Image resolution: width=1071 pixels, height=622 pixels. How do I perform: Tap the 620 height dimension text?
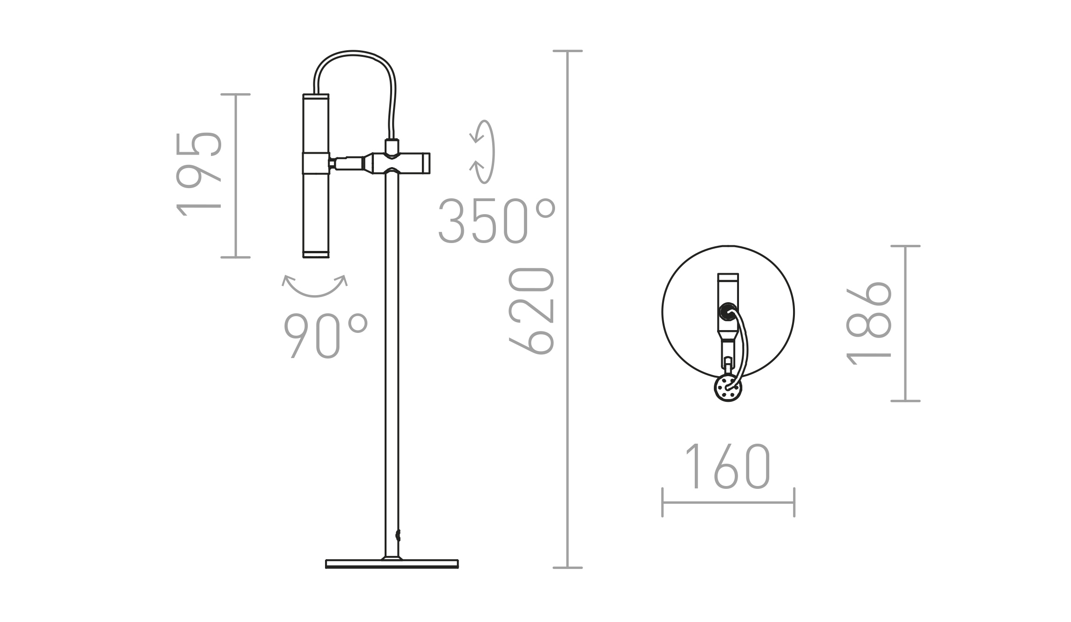531,311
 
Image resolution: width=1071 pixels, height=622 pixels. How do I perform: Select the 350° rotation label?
497,221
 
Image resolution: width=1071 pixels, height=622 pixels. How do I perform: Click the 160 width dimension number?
728,466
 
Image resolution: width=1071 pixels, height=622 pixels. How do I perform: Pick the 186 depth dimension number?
868,324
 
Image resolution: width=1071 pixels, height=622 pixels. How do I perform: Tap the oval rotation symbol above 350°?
483,152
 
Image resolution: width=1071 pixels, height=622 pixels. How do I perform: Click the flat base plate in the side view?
392,564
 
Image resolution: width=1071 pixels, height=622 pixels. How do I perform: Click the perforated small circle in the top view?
728,388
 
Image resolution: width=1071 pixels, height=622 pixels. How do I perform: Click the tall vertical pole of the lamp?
392,363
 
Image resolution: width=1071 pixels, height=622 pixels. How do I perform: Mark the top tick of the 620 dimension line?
568,51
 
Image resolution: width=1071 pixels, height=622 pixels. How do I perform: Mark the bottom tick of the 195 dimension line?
235,257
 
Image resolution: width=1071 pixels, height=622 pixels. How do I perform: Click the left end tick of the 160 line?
662,502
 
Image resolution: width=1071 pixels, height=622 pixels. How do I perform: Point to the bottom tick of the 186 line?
905,400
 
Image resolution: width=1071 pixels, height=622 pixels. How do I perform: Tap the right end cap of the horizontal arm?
426,163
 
